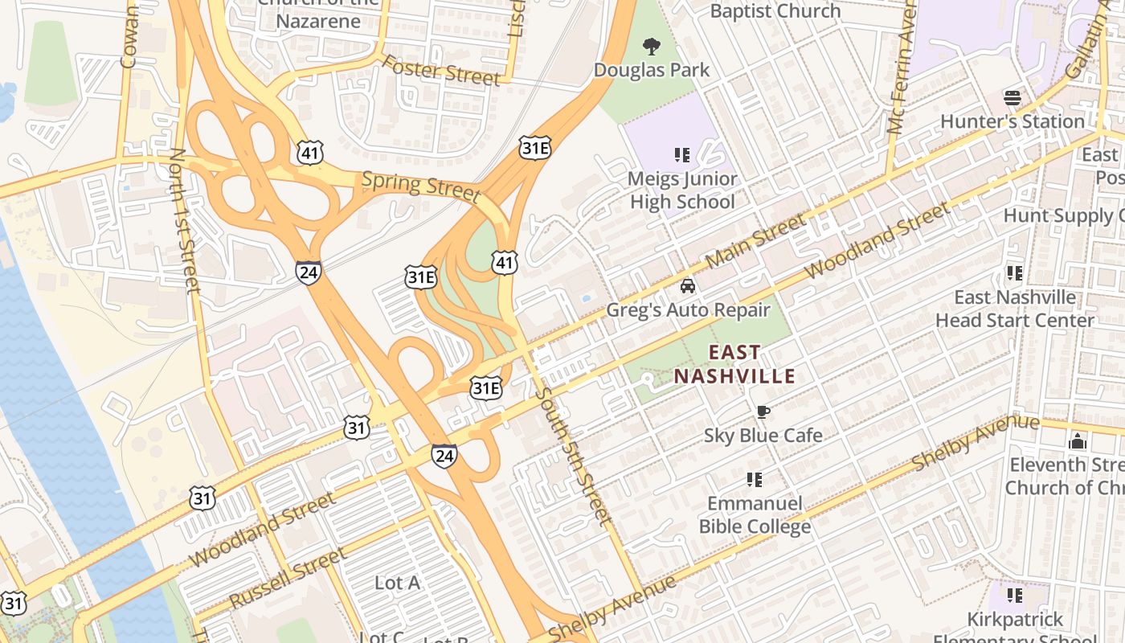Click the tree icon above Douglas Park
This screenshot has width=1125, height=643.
[652, 46]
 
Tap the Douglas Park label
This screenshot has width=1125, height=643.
[652, 70]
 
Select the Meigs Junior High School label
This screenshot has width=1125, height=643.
[682, 190]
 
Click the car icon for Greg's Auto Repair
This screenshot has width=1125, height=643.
[688, 286]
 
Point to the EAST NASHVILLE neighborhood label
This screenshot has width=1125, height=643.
[734, 364]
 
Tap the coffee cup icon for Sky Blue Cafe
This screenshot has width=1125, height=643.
[763, 412]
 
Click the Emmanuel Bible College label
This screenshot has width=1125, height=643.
[755, 515]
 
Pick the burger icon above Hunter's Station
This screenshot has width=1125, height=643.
[1012, 98]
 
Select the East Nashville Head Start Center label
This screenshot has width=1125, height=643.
[1014, 309]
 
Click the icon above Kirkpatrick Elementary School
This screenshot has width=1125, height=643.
[1015, 596]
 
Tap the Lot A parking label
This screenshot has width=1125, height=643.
[397, 583]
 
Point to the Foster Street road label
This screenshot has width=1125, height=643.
[440, 70]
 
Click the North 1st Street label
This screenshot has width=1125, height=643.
[186, 221]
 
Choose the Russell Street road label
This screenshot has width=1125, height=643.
[288, 579]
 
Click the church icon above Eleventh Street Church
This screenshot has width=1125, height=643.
[1078, 441]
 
